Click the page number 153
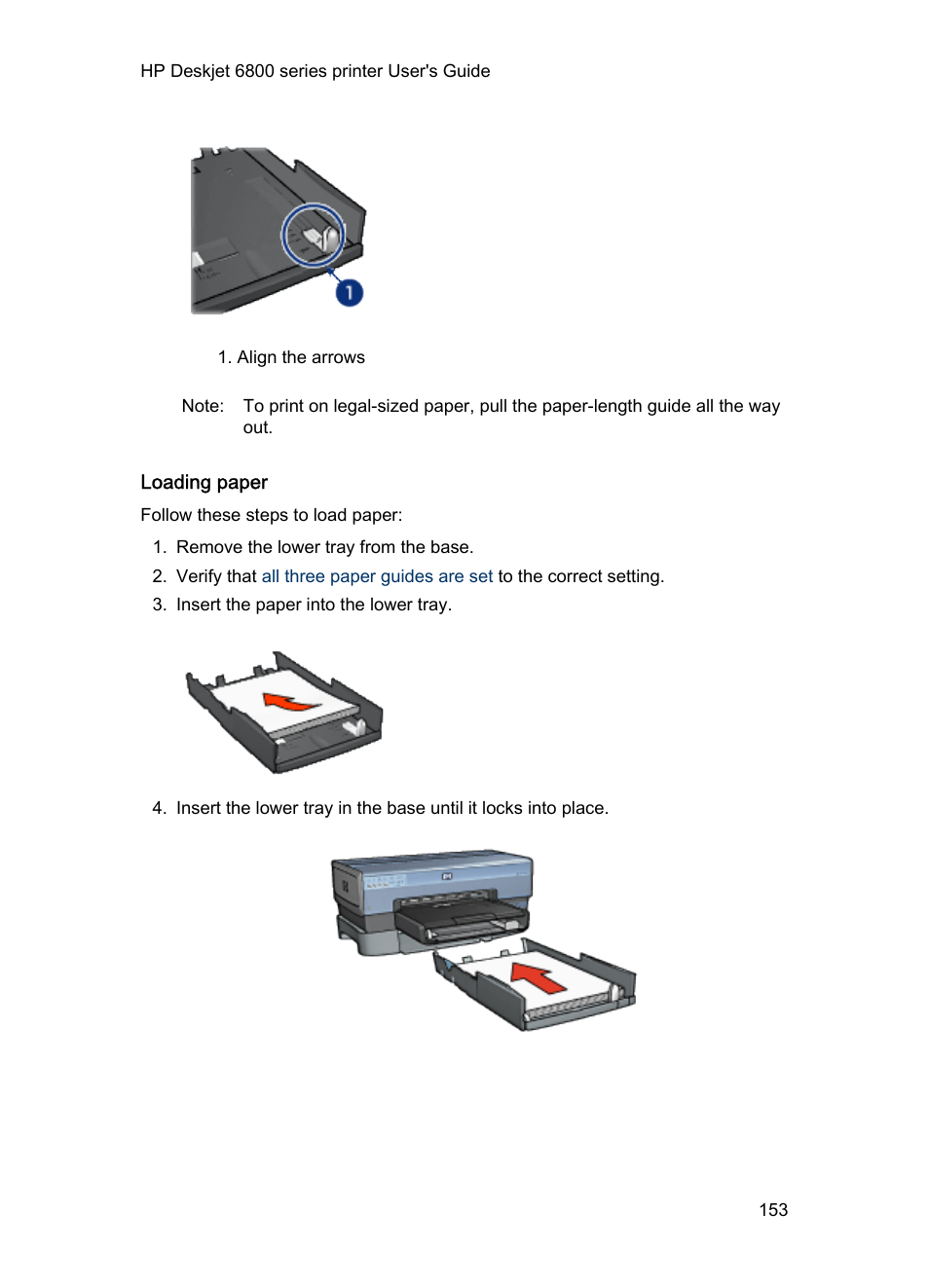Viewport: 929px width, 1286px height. [773, 1210]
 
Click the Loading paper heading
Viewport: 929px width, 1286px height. [204, 483]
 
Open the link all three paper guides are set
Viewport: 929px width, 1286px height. [377, 576]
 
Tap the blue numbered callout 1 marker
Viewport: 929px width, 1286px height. [350, 292]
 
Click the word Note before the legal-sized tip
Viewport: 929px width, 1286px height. [202, 406]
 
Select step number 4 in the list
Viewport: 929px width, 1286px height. [159, 808]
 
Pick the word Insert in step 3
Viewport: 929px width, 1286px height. [199, 605]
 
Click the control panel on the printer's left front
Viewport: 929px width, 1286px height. [384, 882]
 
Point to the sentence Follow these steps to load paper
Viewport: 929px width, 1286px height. [271, 515]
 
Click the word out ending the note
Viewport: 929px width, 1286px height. [256, 428]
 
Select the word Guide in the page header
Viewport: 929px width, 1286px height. [466, 71]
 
